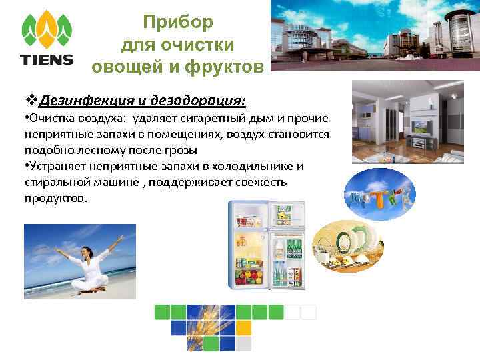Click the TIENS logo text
point(47,59)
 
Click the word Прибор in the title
point(178,23)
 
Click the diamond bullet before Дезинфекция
point(30,101)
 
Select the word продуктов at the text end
point(55,199)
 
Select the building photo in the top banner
point(374,33)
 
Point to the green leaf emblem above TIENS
point(47,30)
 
